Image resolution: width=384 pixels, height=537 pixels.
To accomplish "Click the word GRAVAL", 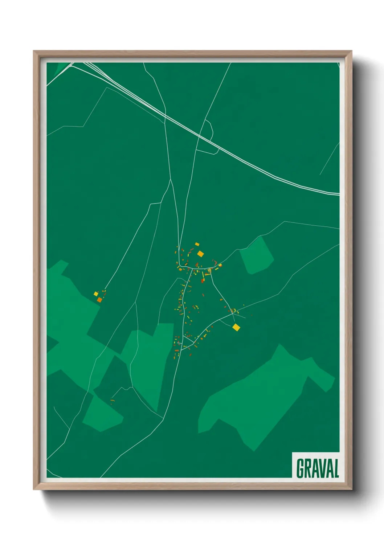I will (317, 468).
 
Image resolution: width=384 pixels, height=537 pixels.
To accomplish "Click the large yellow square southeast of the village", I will (236, 328).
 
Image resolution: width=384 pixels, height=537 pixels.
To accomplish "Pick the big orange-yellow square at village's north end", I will (200, 254).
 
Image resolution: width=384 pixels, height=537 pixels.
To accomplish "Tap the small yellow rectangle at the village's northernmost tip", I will (197, 244).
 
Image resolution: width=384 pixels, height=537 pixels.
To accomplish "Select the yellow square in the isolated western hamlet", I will (96, 294).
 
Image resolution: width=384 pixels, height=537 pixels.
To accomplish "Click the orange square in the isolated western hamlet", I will (99, 300).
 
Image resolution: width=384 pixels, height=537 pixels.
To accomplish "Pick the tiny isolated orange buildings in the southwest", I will (112, 401).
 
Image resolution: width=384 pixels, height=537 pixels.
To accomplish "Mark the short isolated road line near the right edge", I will (329, 160).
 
